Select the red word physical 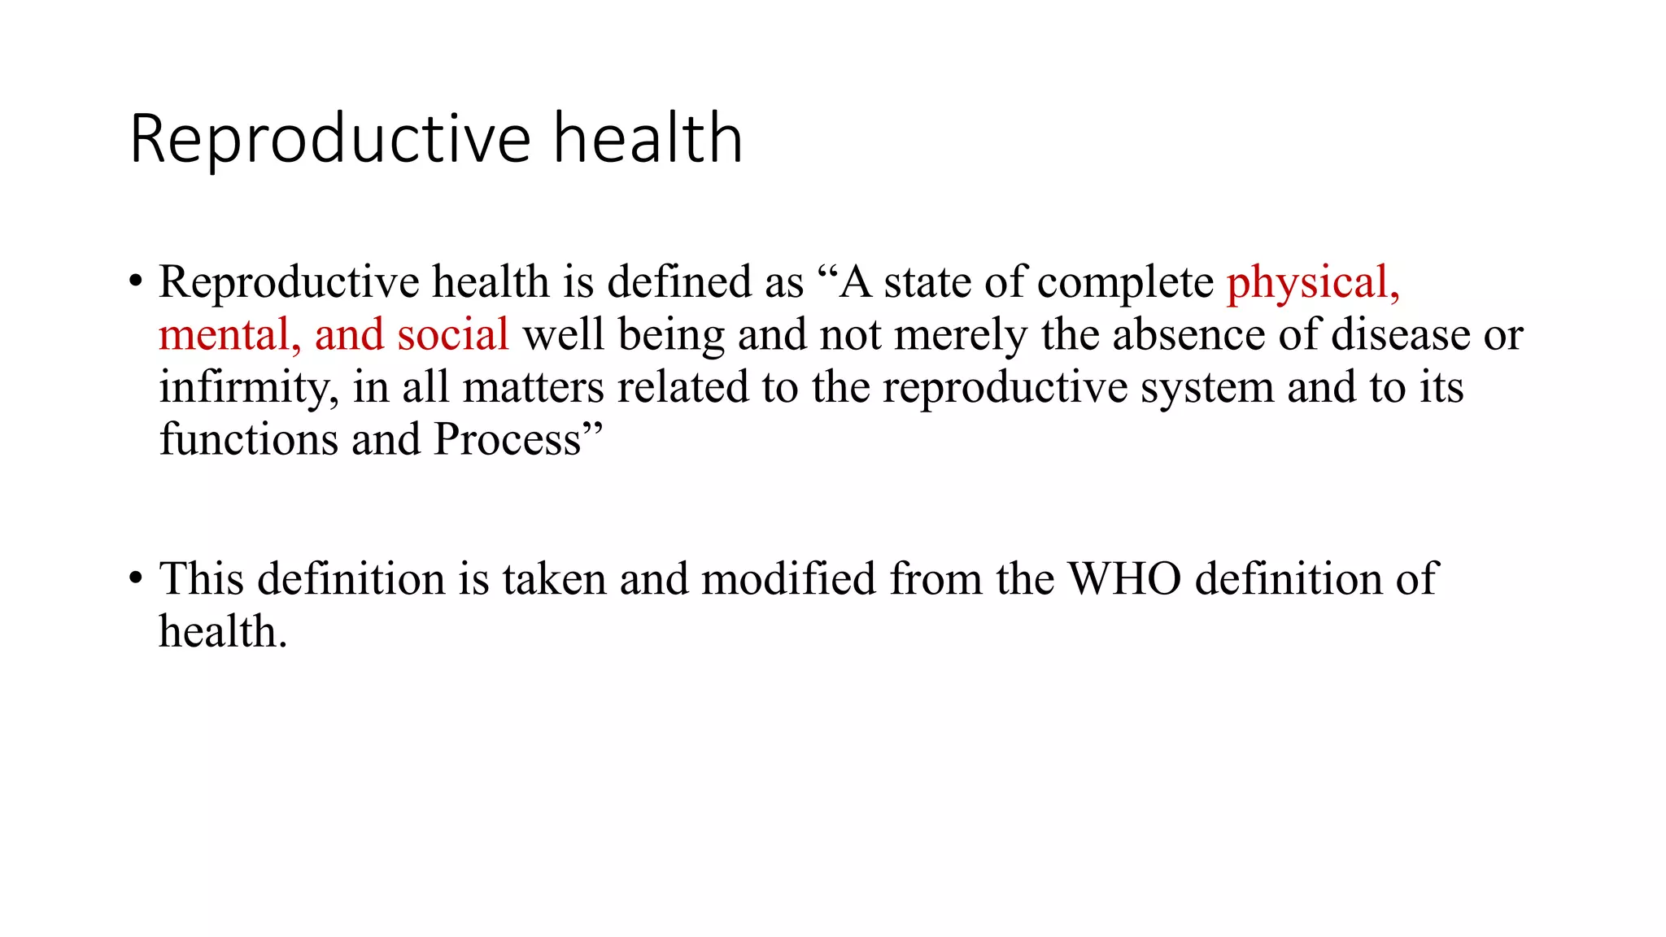(1312, 282)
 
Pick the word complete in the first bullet (1126, 282)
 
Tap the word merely (961, 335)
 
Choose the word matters (533, 387)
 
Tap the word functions (248, 440)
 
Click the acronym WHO (1124, 579)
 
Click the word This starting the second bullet (202, 579)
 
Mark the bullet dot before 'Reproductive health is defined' (136, 282)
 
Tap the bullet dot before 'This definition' (136, 579)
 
